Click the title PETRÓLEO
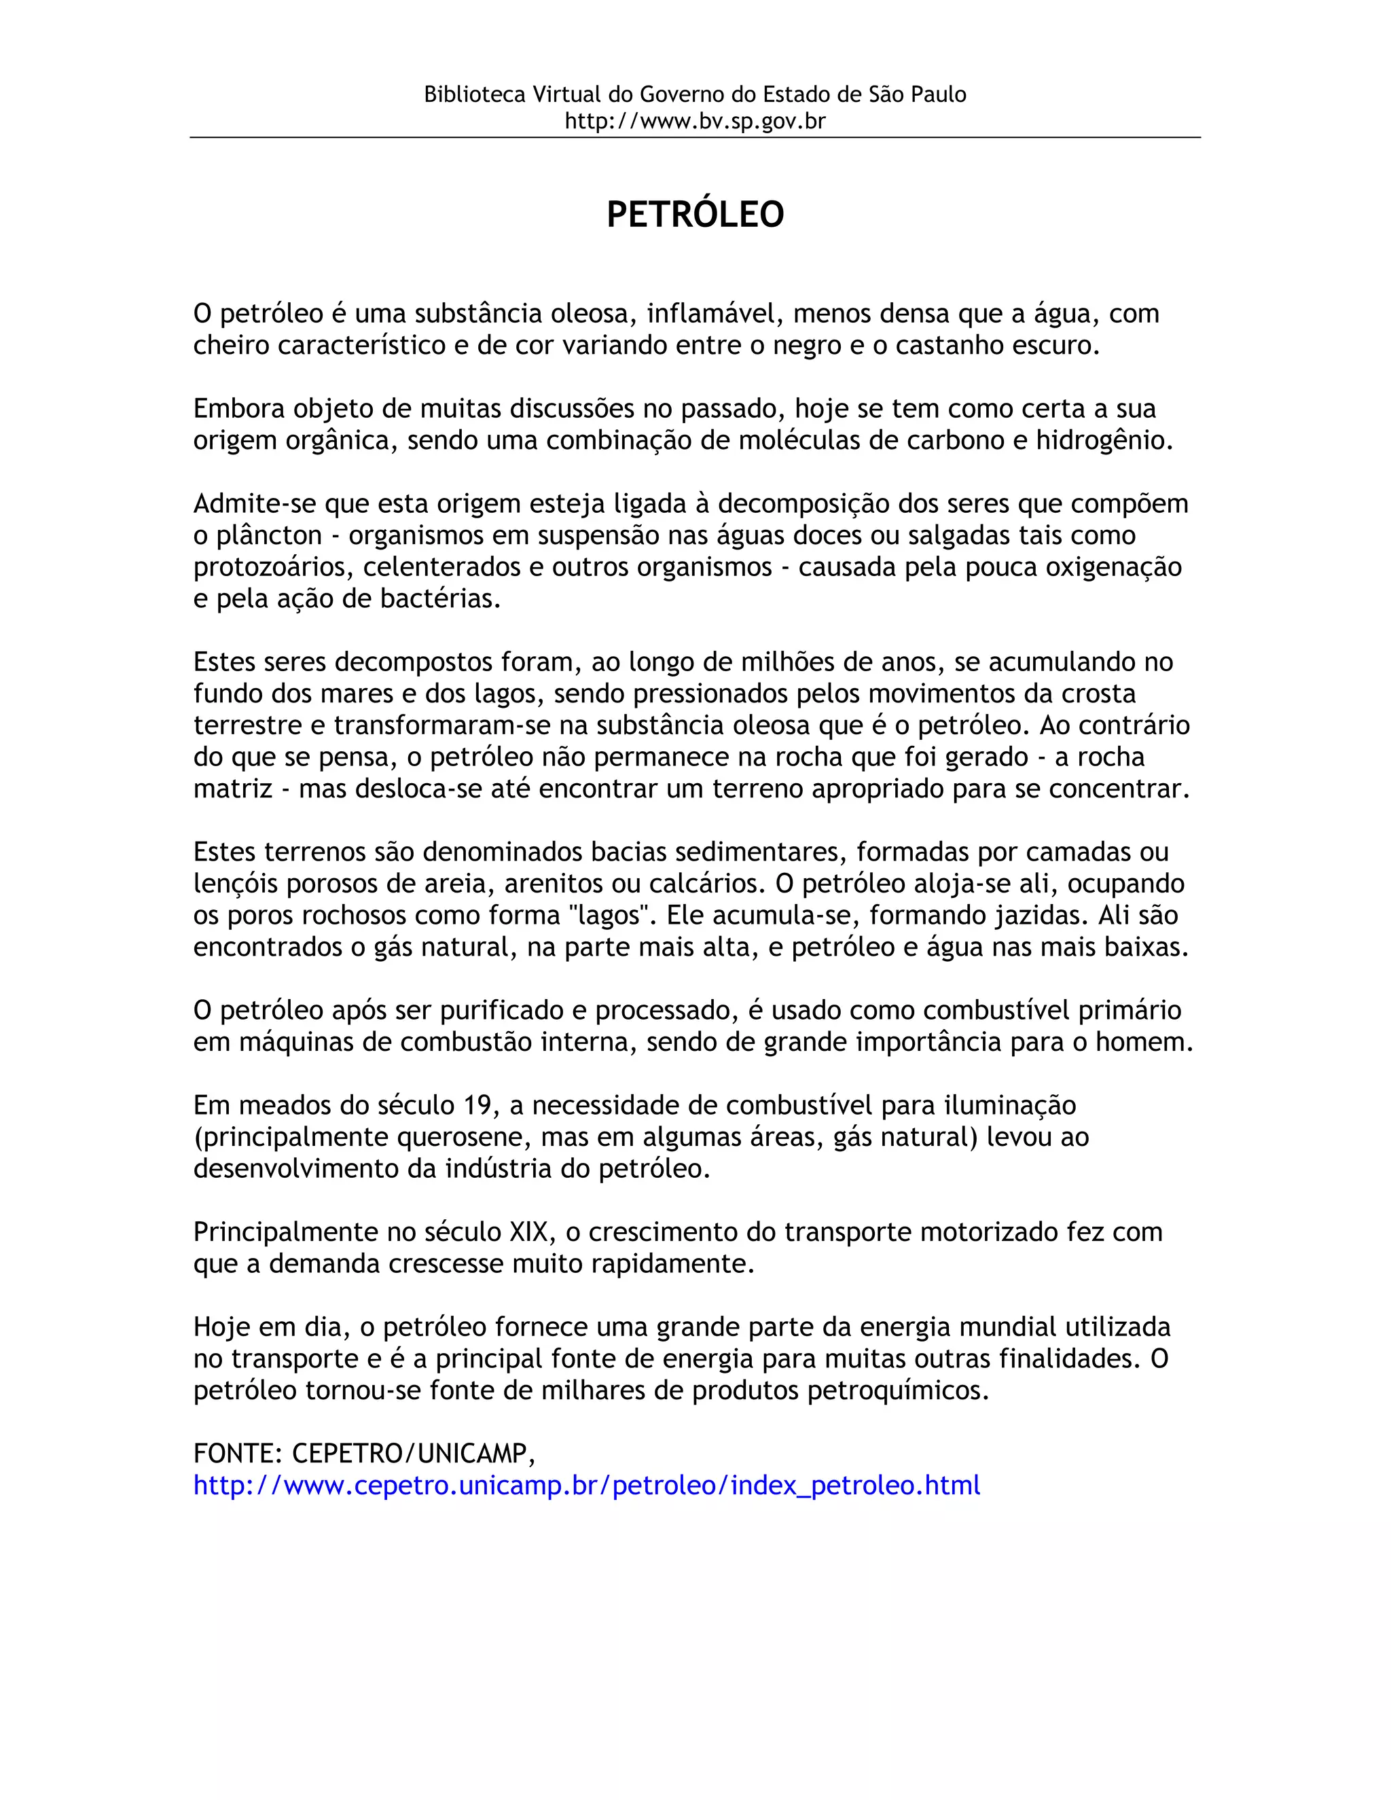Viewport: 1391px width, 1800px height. pyautogui.click(x=695, y=214)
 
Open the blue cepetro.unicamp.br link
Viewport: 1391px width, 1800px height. pyautogui.click(x=587, y=1485)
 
